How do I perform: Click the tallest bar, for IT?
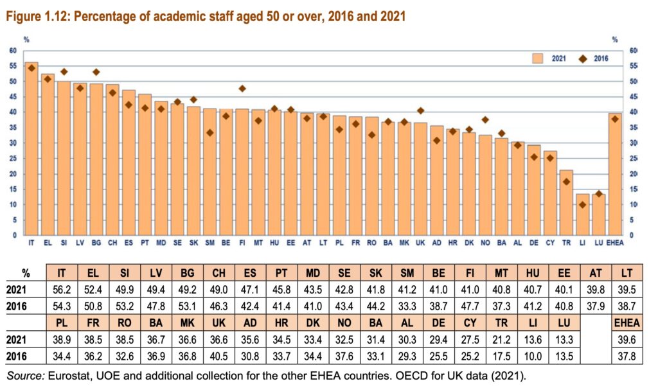point(31,148)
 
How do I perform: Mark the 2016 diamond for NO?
point(485,119)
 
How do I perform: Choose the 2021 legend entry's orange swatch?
point(538,58)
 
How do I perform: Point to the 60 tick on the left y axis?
point(13,51)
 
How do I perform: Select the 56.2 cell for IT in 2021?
point(62,288)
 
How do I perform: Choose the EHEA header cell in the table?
point(627,321)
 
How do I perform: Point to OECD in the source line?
point(386,375)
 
